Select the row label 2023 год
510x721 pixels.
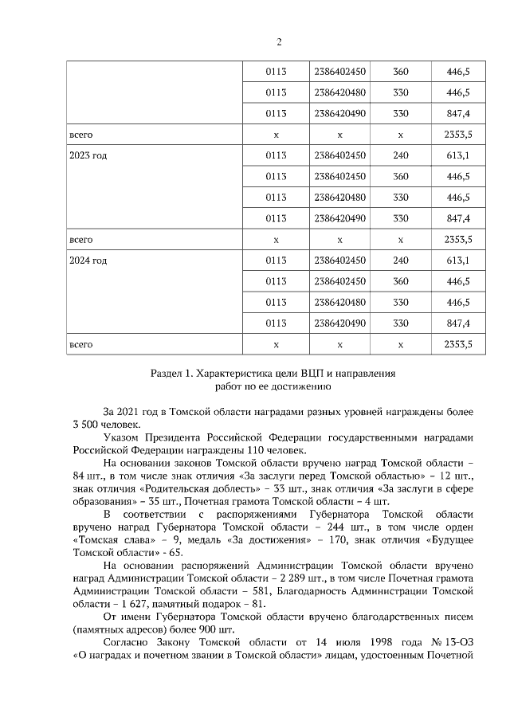[x=88, y=155]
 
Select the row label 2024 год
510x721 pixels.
[x=88, y=260]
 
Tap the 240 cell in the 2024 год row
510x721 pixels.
[x=401, y=260]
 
